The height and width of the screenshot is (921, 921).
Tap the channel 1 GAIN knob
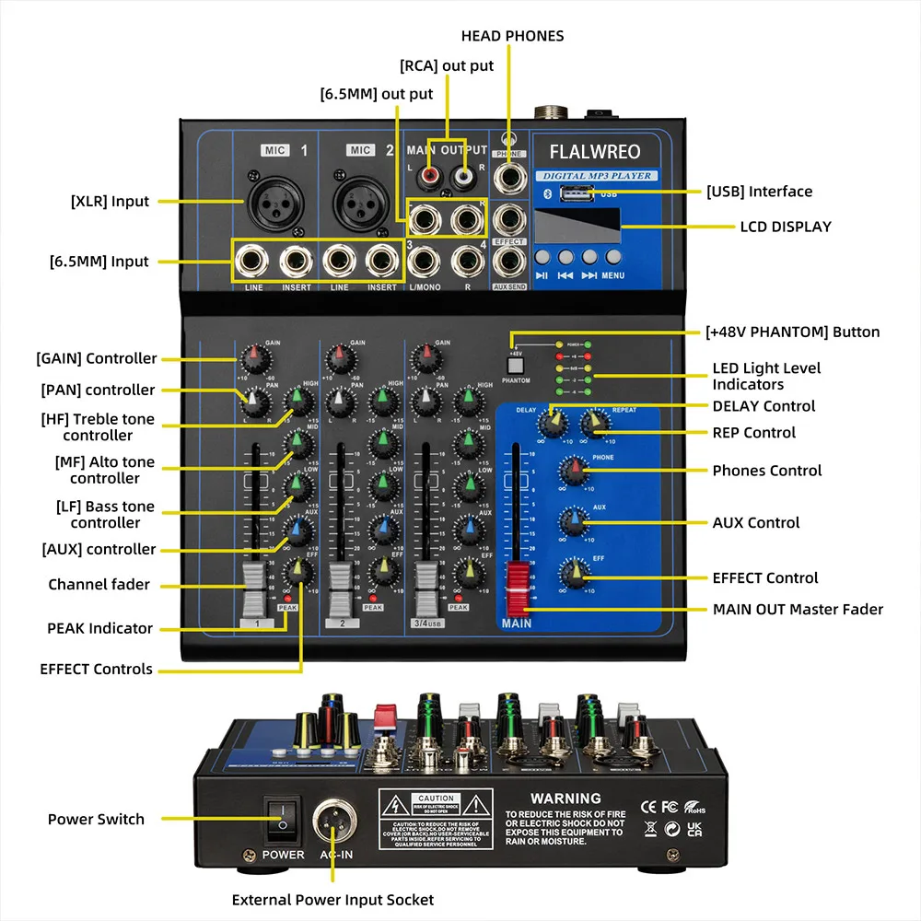pyautogui.click(x=255, y=356)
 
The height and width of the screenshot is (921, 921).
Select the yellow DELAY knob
pyautogui.click(x=553, y=423)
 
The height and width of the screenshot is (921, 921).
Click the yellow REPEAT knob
pyautogui.click(x=595, y=423)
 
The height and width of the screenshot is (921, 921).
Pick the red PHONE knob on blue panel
pyautogui.click(x=574, y=471)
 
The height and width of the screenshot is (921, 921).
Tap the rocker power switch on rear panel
pyautogui.click(x=284, y=820)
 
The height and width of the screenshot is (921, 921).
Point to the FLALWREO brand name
pyautogui.click(x=594, y=151)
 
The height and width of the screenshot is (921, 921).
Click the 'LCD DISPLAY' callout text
pyautogui.click(x=786, y=227)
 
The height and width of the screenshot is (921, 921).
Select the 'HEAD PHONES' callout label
pyautogui.click(x=513, y=36)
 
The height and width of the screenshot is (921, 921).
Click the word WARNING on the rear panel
pyautogui.click(x=565, y=799)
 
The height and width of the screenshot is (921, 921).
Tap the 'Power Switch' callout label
pyautogui.click(x=96, y=819)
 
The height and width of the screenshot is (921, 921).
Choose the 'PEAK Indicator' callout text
pyautogui.click(x=99, y=628)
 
